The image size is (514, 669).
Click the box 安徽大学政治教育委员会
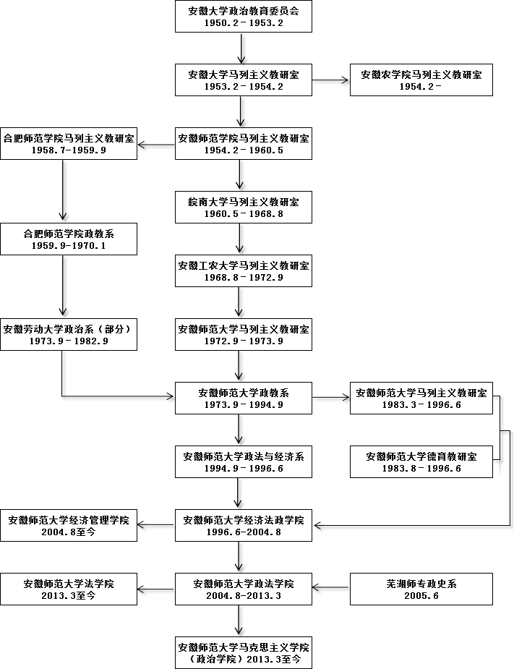pyautogui.click(x=244, y=16)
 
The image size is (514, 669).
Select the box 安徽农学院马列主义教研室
pyautogui.click(x=421, y=80)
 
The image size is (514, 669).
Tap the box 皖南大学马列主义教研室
pyautogui.click(x=244, y=206)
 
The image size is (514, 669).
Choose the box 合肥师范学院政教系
pyautogui.click(x=69, y=238)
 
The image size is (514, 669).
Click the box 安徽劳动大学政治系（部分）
pyautogui.click(x=69, y=334)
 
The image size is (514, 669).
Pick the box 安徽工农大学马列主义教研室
pyautogui.click(x=244, y=270)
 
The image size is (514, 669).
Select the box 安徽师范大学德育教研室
pyautogui.click(x=421, y=461)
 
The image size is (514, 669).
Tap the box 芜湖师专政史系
pyautogui.click(x=421, y=589)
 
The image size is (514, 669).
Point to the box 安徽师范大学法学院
pyautogui.click(x=69, y=589)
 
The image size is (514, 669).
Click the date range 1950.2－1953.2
pyautogui.click(x=244, y=23)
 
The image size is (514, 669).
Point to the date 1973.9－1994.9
pyautogui.click(x=244, y=405)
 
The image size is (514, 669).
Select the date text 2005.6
pyautogui.click(x=421, y=596)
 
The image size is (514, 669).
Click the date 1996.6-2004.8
pyautogui.click(x=244, y=532)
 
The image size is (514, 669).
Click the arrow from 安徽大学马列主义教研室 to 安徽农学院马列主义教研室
pyautogui.click(x=331, y=80)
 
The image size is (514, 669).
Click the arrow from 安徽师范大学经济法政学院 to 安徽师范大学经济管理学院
pyautogui.click(x=156, y=525)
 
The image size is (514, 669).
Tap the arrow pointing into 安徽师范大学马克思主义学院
pyautogui.click(x=240, y=621)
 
